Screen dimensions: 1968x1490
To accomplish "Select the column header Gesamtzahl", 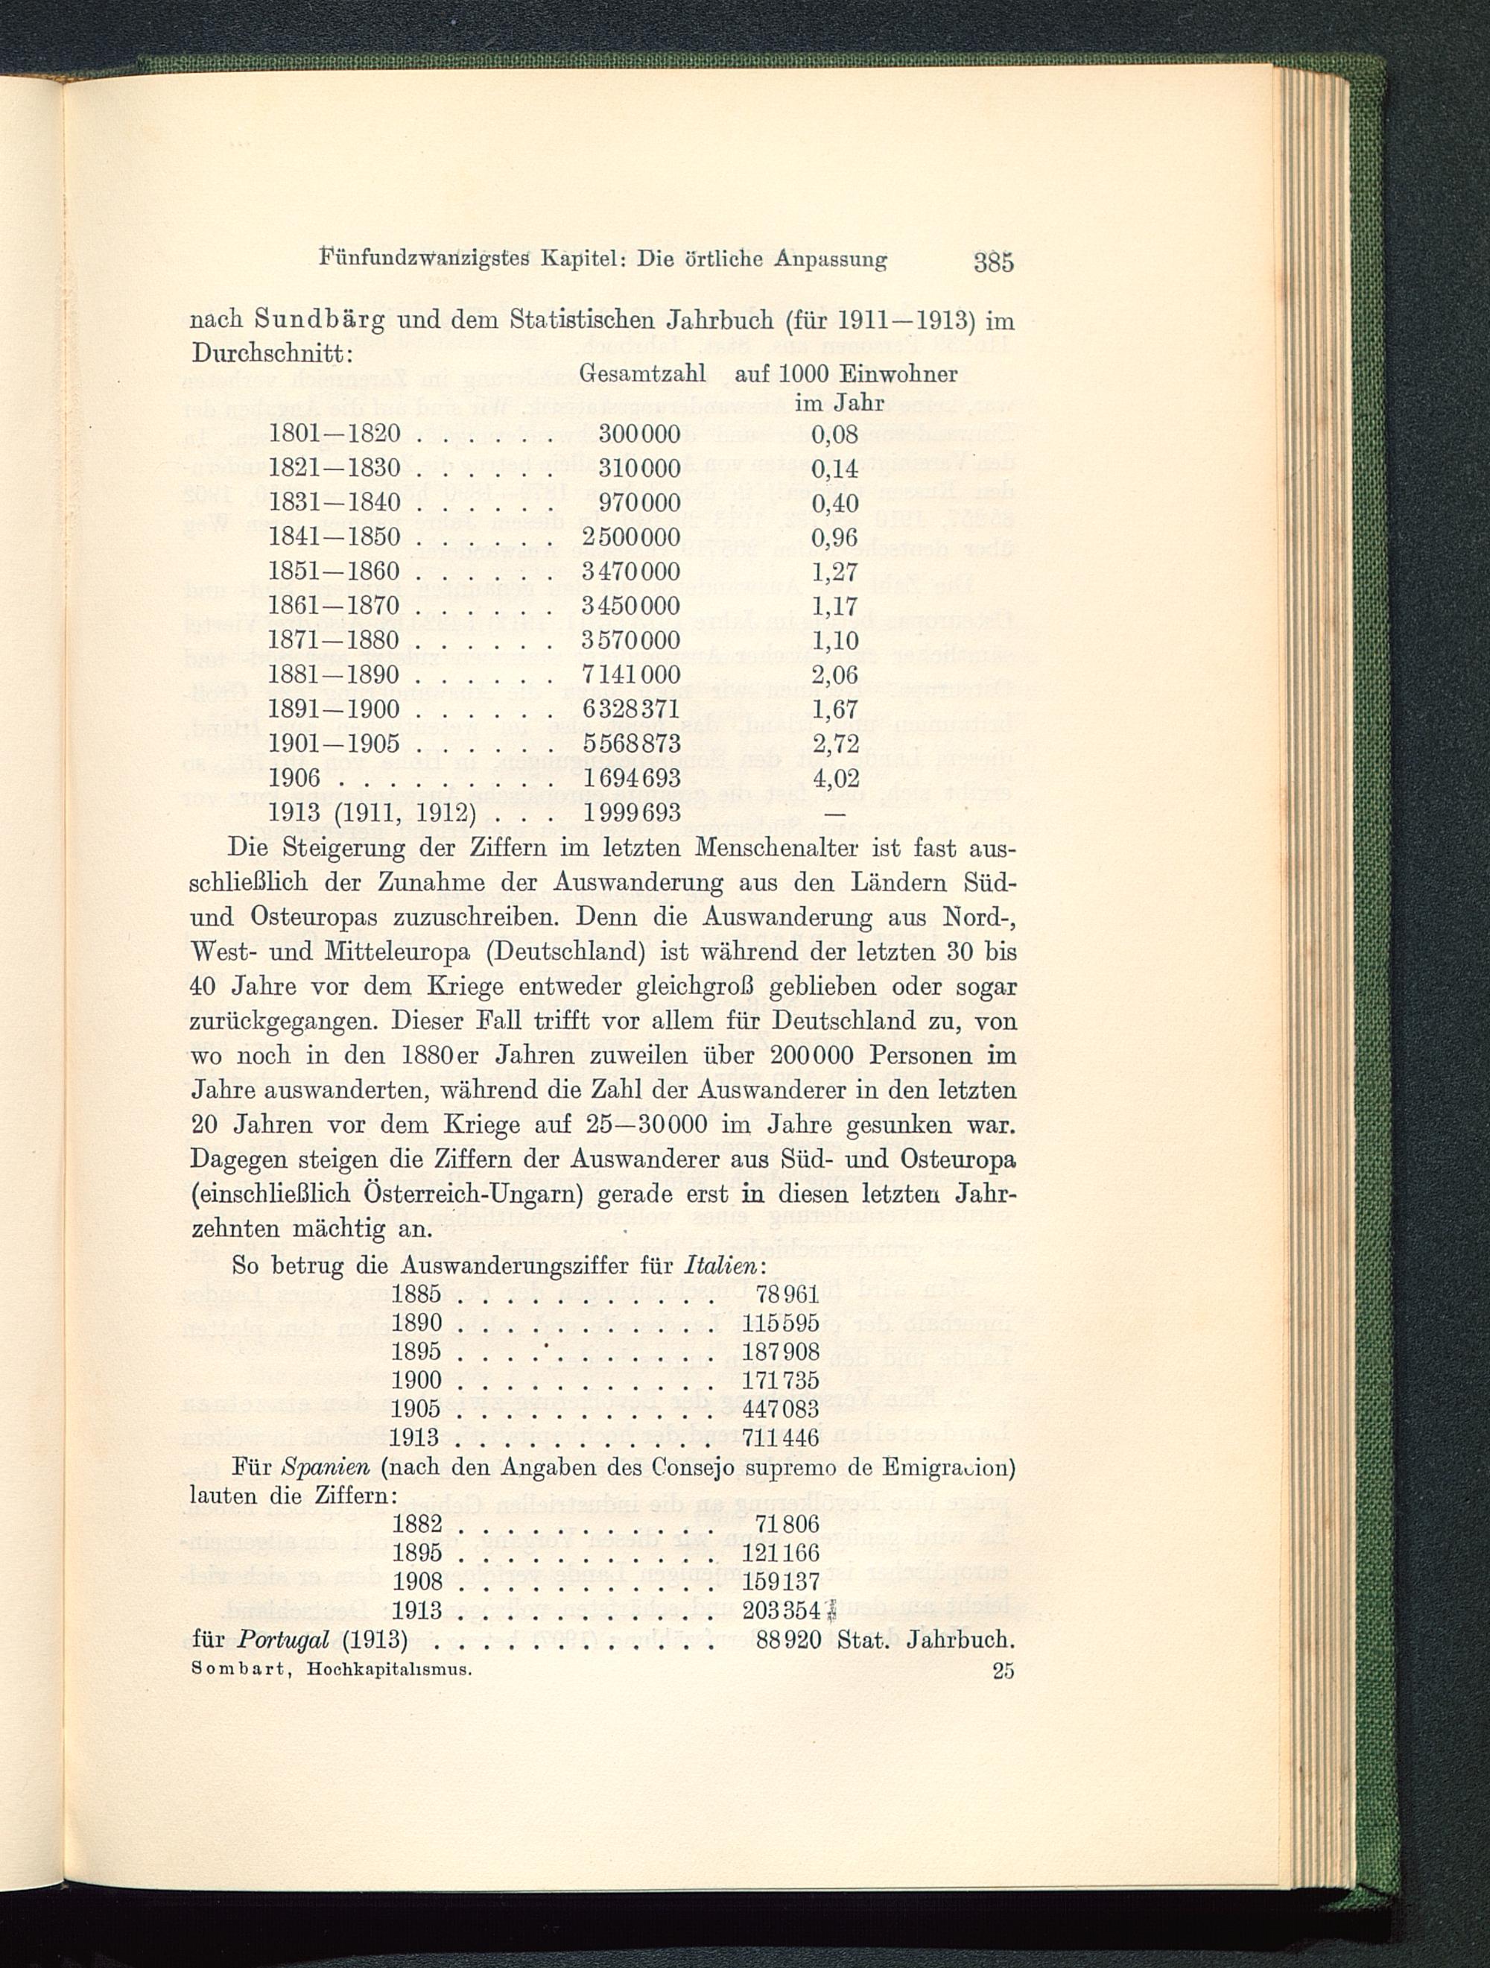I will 642,373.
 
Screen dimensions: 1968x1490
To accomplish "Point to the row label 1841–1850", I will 334,537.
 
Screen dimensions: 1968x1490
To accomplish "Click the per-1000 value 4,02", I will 835,779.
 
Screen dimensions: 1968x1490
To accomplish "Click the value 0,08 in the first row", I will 835,434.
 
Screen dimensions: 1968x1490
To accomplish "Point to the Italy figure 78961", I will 787,1294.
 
